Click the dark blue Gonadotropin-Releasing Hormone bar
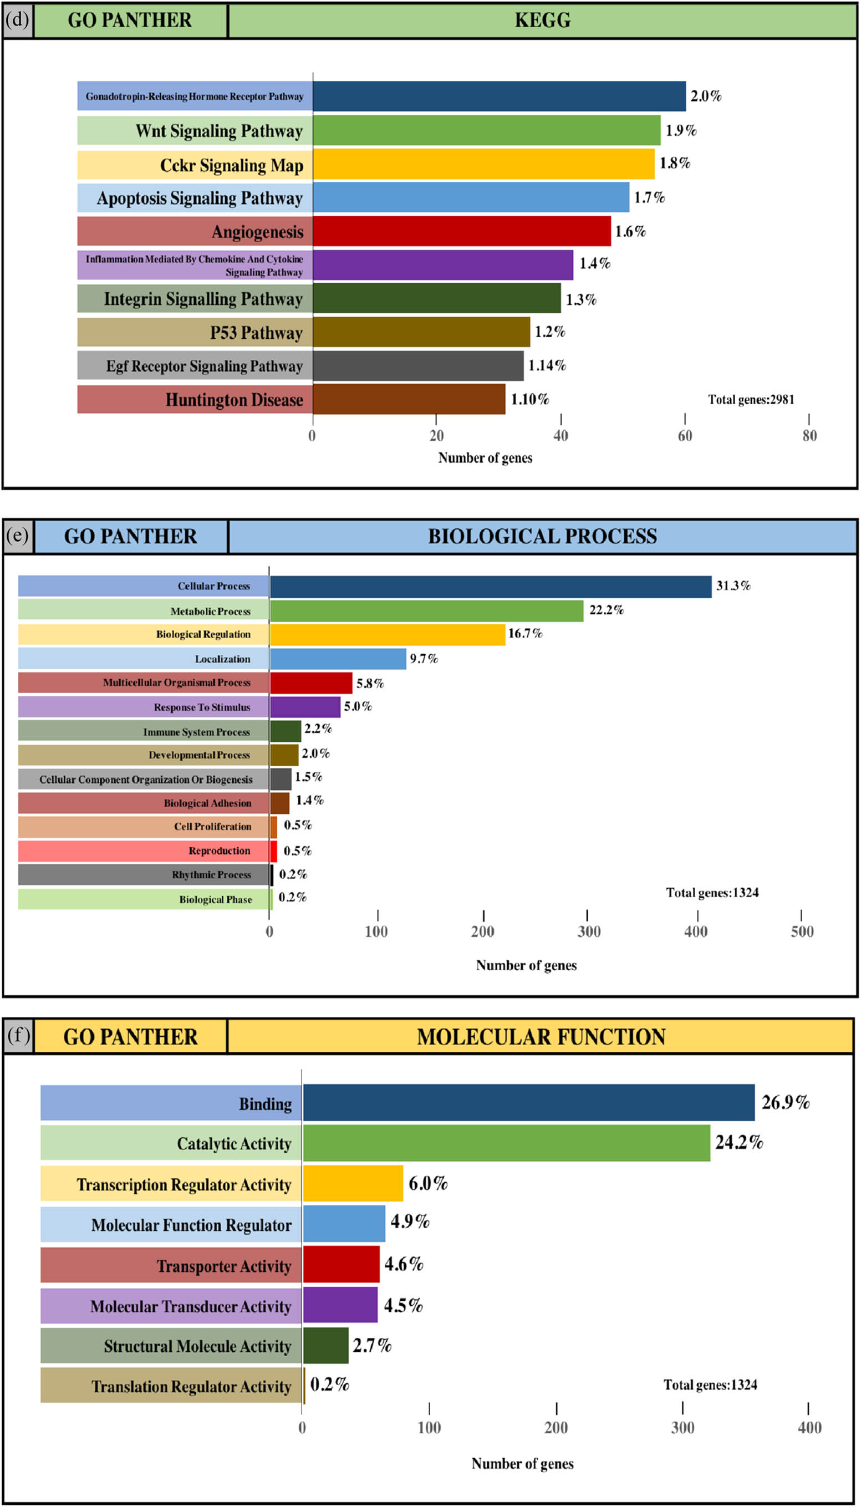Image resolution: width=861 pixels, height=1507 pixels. pos(499,96)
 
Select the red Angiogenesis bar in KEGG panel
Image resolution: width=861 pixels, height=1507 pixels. pos(461,231)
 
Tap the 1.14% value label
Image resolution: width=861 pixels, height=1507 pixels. pos(547,365)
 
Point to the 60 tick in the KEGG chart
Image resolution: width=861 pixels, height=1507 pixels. pos(685,435)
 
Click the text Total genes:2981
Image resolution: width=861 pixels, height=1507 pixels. pos(751,399)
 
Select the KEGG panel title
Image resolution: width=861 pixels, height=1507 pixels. pos(542,20)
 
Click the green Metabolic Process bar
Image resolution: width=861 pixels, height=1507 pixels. pos(426,610)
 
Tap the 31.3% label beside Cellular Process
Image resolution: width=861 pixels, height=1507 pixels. pos(733,586)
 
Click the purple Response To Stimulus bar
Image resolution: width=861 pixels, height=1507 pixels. pos(305,706)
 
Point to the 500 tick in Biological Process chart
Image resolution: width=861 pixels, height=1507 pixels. pos(802,931)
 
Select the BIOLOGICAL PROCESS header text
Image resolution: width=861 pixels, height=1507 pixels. pos(542,536)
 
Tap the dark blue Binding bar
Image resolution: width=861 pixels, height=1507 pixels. pos(528,1102)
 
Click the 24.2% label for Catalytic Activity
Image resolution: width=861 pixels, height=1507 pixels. pos(738,1142)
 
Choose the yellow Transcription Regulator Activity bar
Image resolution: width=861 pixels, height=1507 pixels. pos(353,1183)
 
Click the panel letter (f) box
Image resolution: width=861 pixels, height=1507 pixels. pos(18,1035)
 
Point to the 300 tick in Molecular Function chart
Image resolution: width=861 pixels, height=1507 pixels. pos(682,1427)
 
